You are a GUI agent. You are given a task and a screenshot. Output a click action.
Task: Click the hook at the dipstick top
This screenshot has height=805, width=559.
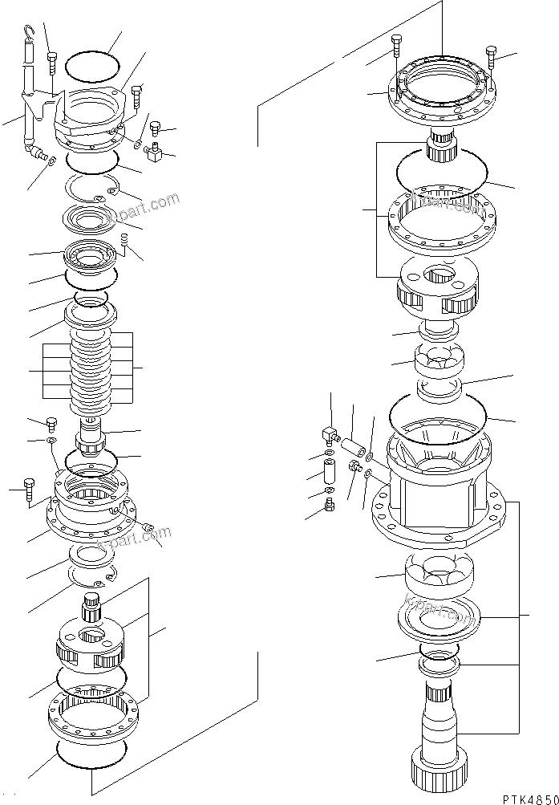30,32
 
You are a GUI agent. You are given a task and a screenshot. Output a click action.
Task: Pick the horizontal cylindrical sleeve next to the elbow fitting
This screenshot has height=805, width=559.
354,443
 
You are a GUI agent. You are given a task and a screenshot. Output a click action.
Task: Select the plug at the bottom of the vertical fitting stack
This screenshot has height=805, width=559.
329,506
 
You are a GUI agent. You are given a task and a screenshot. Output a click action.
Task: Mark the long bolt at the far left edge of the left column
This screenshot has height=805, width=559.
30,487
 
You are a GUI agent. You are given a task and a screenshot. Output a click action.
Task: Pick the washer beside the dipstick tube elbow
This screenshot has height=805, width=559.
51,161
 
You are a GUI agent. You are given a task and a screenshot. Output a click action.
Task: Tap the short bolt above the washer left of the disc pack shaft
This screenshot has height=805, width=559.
53,423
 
